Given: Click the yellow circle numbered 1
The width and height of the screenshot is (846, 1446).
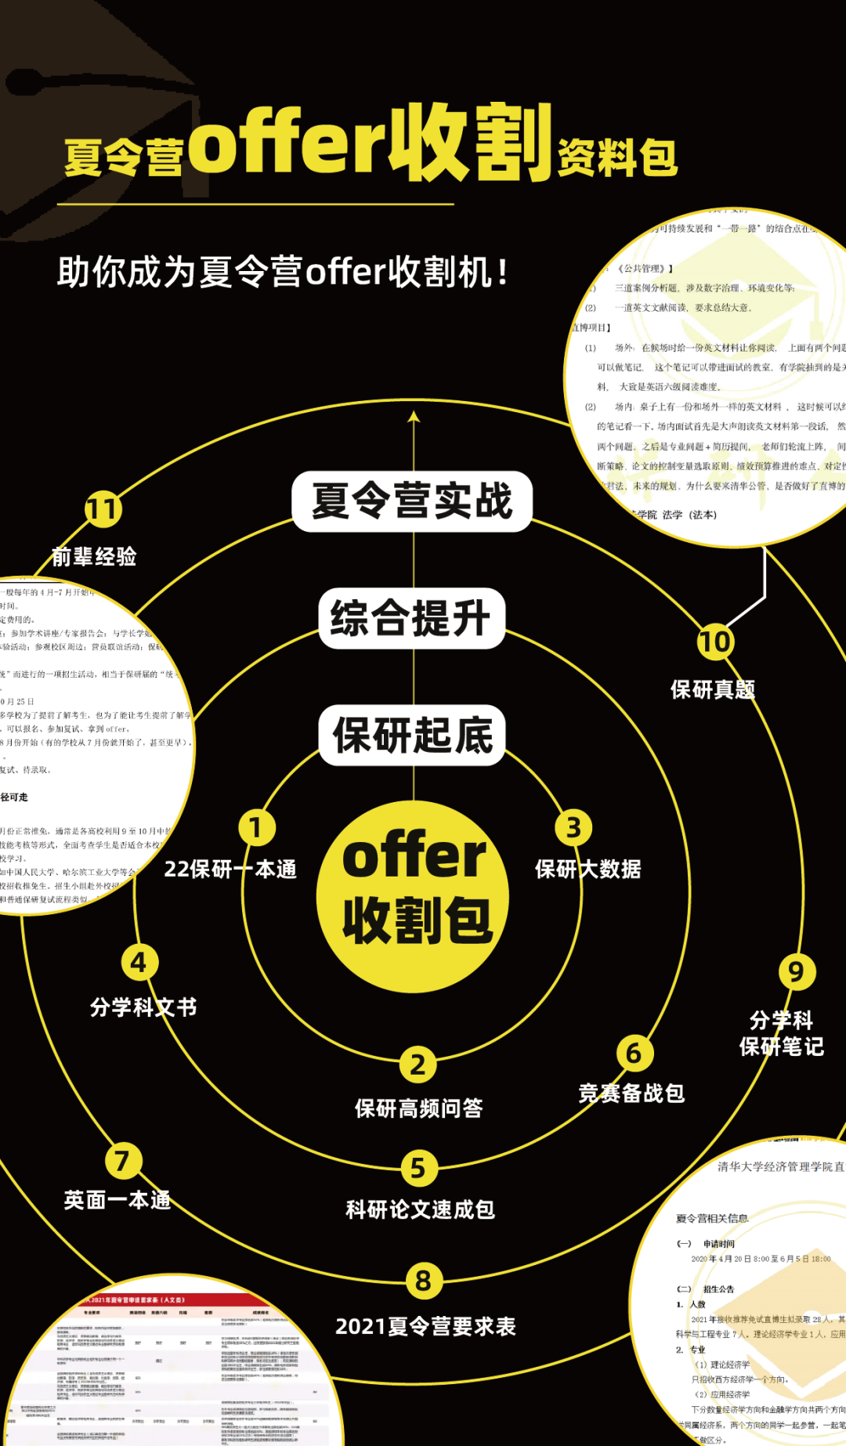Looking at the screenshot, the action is click(256, 828).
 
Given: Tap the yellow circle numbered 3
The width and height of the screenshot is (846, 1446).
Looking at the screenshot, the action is click(573, 828).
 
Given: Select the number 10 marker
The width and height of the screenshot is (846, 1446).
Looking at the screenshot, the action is click(714, 642).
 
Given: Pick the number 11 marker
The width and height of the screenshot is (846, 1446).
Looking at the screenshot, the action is click(103, 510).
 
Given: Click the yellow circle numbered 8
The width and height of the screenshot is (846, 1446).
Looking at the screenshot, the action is click(424, 1281).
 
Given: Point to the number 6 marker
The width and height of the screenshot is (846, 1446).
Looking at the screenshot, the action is click(634, 1054).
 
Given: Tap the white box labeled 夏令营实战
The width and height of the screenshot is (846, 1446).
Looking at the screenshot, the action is click(412, 501).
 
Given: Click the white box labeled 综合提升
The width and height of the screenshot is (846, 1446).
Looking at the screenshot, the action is click(412, 618).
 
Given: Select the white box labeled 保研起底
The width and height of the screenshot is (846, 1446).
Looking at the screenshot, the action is click(413, 735).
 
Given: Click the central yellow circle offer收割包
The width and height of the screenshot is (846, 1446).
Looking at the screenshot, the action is click(413, 896).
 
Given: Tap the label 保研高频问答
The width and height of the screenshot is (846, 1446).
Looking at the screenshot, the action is click(419, 1108).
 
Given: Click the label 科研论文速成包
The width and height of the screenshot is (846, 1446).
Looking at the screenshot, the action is click(421, 1209).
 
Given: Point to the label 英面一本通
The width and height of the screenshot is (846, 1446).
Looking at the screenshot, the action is click(117, 1200).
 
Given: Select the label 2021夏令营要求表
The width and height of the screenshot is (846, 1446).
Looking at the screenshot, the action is click(425, 1326).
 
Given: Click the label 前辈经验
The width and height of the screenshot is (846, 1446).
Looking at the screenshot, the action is click(94, 557).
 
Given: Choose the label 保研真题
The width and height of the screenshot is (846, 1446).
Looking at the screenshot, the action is click(713, 689).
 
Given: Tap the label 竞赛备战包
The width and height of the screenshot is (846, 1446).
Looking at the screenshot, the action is click(631, 1093).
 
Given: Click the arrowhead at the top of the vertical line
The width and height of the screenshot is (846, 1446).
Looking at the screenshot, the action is click(414, 418).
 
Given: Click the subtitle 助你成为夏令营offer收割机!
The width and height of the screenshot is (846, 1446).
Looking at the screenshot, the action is click(283, 273).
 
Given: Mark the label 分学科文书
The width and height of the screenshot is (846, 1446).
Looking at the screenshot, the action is click(143, 1007).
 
